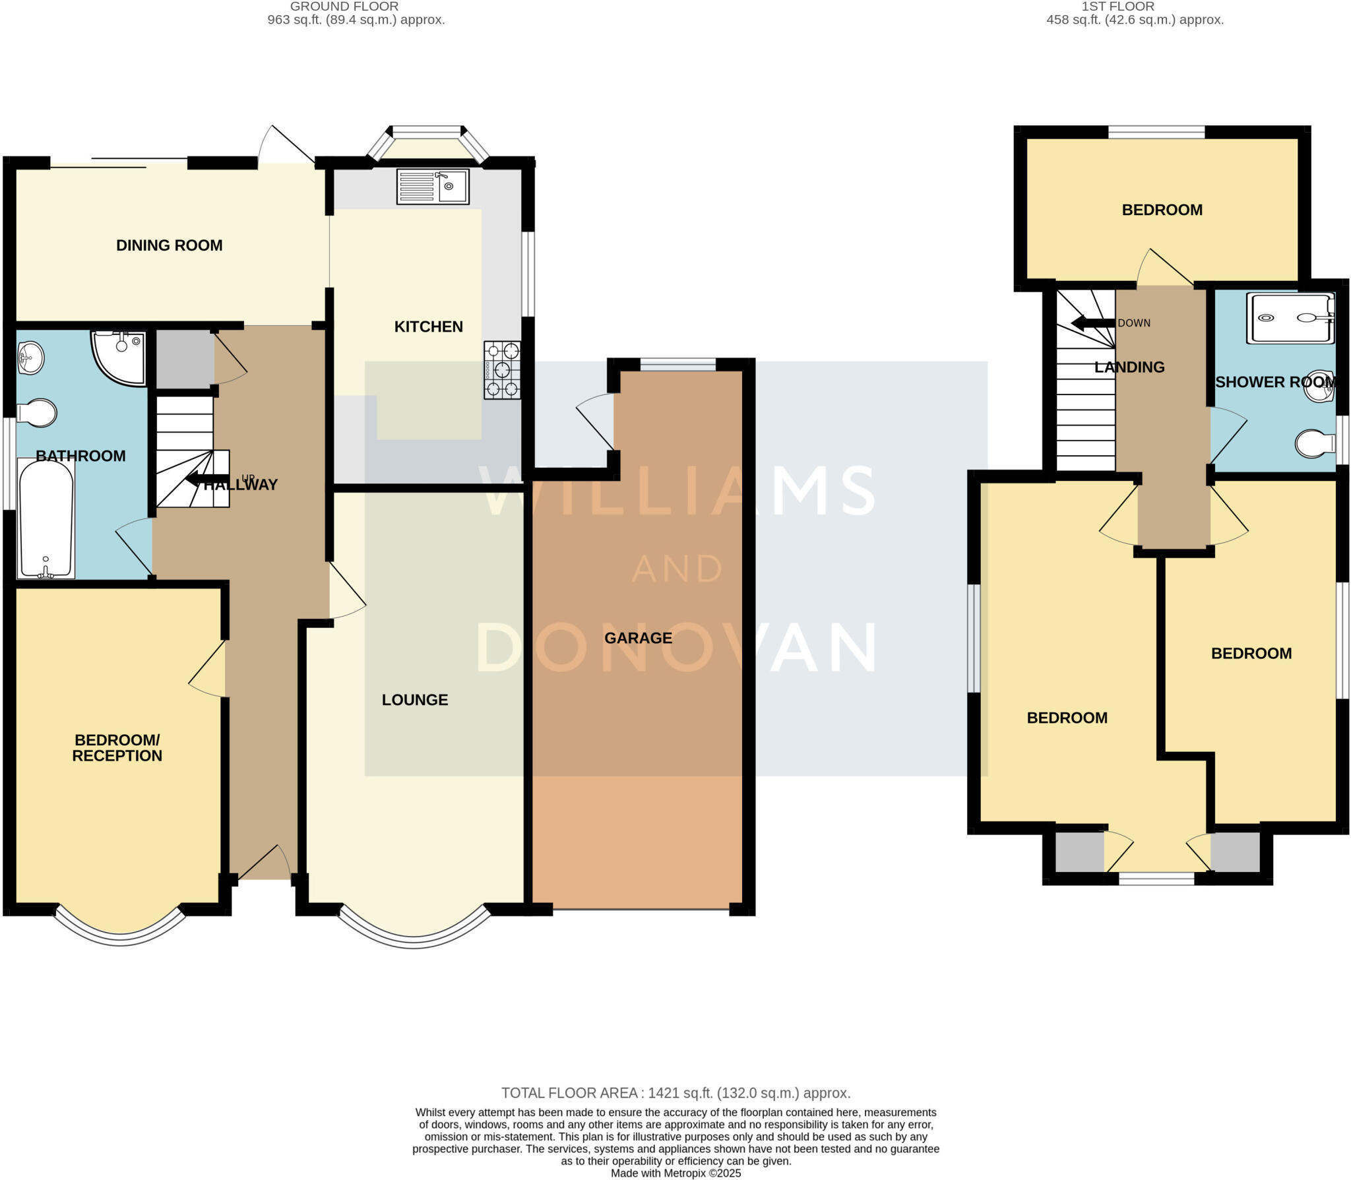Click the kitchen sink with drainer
pos(433,186)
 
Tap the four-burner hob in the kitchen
pos(502,369)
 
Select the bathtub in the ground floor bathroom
pos(46,519)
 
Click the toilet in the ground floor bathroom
pos(37,413)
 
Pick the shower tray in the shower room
pos(1290,318)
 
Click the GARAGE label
pos(638,638)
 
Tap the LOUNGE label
pos(414,700)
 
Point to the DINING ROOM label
pos(169,245)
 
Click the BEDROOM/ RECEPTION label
pos(117,748)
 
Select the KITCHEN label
pos(428,326)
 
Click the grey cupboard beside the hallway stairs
pos(184,359)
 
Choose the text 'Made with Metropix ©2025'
pos(675,1173)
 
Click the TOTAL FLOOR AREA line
pos(675,1093)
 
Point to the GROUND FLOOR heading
pos(344,7)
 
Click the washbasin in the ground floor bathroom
pos(30,358)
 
